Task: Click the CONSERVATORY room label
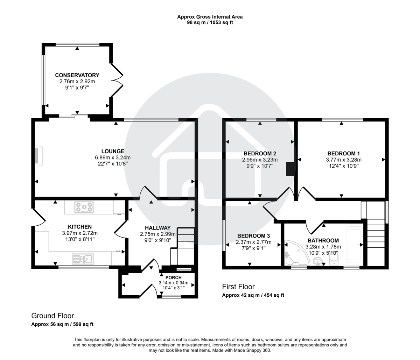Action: (77, 75)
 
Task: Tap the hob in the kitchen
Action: (84, 207)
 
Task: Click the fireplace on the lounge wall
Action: (37, 156)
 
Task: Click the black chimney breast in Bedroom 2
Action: (290, 169)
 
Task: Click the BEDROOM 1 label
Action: (343, 153)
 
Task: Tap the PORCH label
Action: (174, 278)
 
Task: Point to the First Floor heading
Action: (238, 287)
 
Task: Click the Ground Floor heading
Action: (52, 316)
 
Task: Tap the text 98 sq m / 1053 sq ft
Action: (210, 22)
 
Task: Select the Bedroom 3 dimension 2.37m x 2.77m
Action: (253, 242)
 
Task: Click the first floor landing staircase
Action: (376, 238)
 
